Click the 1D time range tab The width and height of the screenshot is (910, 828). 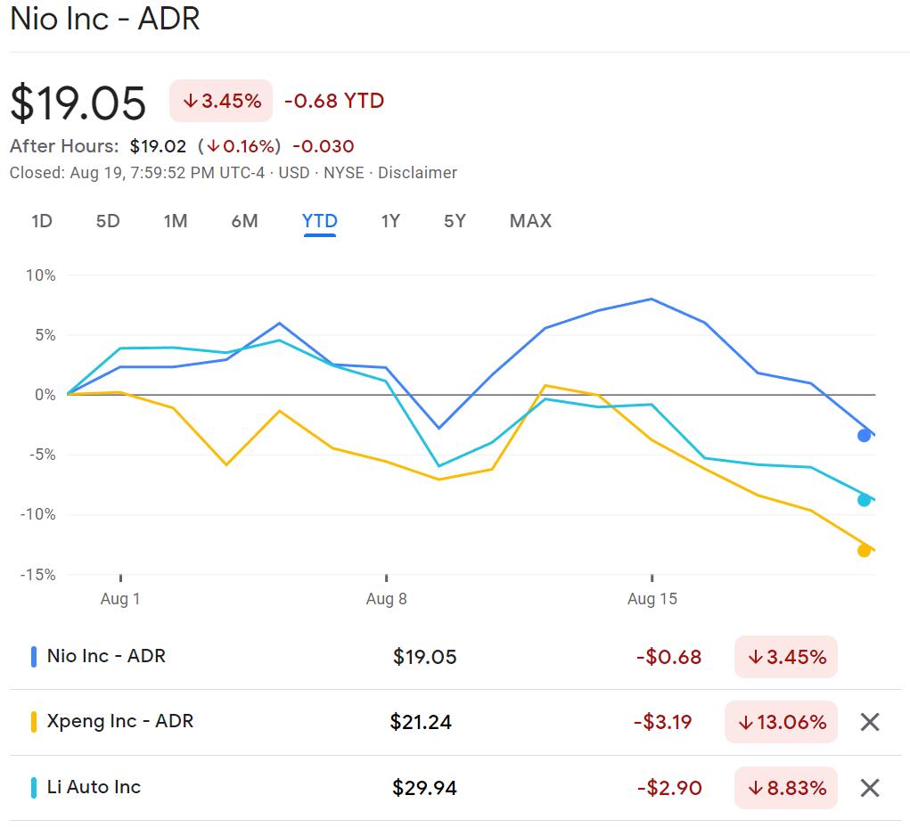tap(42, 221)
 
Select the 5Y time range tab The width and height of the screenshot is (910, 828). tap(455, 221)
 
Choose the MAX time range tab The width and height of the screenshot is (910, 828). tap(530, 221)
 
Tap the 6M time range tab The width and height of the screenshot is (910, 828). tap(244, 221)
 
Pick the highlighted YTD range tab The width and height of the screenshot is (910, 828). tap(319, 221)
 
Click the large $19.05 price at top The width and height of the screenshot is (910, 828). tap(78, 103)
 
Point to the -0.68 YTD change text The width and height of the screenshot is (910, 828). tap(333, 101)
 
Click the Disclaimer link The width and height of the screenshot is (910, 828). tap(417, 173)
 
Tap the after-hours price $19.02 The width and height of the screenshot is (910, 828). tap(158, 146)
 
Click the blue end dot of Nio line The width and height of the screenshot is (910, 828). tap(864, 435)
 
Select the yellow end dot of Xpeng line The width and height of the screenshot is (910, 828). tap(864, 550)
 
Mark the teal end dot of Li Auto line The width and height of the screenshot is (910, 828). tap(864, 500)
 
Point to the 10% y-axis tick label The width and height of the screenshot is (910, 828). tap(40, 275)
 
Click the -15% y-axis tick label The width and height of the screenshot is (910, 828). tap(37, 575)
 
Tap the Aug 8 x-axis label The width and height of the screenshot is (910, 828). tap(386, 599)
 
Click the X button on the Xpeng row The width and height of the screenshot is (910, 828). tap(870, 722)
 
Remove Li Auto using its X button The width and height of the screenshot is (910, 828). tap(870, 788)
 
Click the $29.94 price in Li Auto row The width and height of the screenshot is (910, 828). tap(424, 788)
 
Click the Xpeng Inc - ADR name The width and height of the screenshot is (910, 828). tap(119, 721)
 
